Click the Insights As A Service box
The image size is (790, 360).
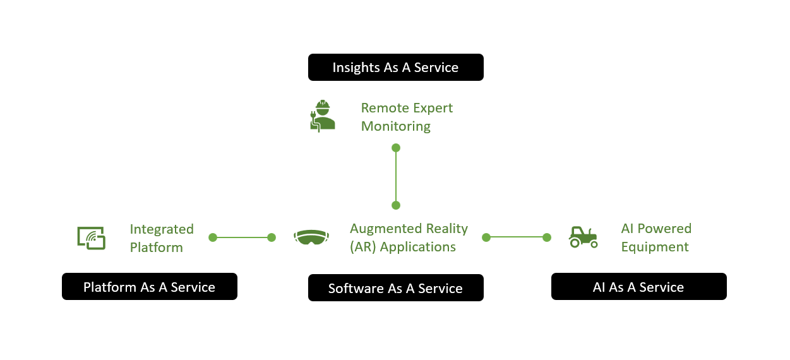(x=395, y=67)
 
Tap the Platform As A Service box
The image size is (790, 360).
(x=149, y=287)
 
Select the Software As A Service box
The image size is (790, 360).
(x=395, y=288)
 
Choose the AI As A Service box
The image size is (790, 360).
(x=638, y=287)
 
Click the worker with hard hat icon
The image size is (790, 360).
(x=323, y=116)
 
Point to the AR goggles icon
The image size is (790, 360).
(x=311, y=237)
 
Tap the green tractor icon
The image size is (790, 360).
(x=583, y=237)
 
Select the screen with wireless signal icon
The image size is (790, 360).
(x=92, y=237)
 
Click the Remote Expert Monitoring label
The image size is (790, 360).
(x=407, y=117)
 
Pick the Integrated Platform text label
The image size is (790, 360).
(x=162, y=238)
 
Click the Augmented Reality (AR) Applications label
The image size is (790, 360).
(x=409, y=237)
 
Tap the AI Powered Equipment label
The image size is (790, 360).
(x=656, y=237)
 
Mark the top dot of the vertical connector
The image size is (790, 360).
(x=396, y=148)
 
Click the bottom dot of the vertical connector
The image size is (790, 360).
(x=396, y=205)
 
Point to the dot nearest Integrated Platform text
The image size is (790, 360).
(x=213, y=237)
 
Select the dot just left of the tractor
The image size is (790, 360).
(x=547, y=237)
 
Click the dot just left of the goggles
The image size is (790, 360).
(x=272, y=237)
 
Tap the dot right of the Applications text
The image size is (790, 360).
(x=486, y=237)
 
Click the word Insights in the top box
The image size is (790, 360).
(x=357, y=67)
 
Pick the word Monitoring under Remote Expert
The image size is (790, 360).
(x=396, y=126)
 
